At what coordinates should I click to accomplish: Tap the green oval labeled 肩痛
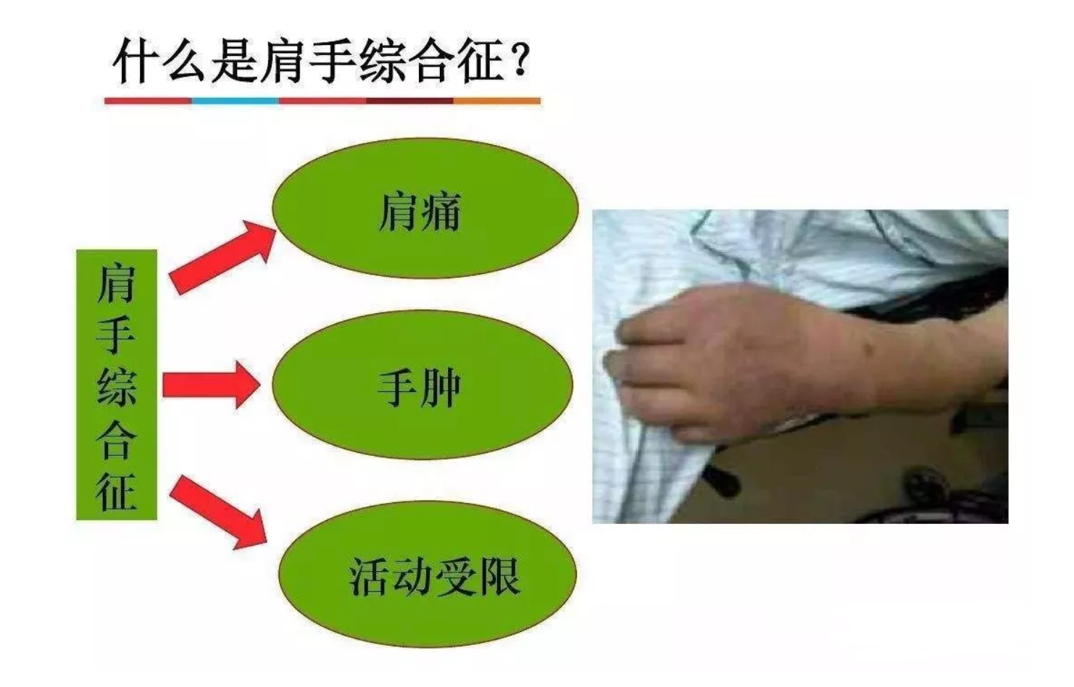coord(425,208)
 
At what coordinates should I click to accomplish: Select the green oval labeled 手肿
coord(422,385)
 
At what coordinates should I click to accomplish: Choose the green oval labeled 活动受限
coord(428,575)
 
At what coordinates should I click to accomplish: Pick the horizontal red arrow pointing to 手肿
coord(211,386)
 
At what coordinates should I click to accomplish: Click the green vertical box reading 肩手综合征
coord(117,385)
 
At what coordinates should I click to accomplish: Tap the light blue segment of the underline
coord(236,101)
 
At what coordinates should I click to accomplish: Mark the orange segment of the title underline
coord(497,101)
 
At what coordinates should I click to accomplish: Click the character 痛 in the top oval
coord(441,212)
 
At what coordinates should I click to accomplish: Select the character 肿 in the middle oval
coord(440,388)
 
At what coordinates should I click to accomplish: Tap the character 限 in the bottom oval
coord(499,577)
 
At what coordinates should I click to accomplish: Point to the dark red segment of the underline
coord(410,101)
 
